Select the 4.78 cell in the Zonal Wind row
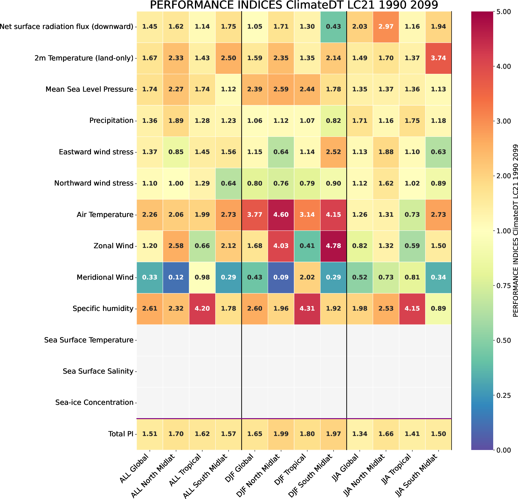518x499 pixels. (x=333, y=246)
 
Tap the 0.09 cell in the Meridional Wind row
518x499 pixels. (x=281, y=277)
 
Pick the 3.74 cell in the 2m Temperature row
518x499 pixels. (x=438, y=58)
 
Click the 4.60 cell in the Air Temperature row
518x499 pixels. (x=281, y=214)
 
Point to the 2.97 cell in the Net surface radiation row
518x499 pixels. (x=386, y=26)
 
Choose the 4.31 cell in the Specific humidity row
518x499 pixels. (x=307, y=308)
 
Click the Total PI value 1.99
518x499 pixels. (x=281, y=434)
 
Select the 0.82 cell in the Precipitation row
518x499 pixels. (x=333, y=121)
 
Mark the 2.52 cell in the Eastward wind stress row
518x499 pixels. (x=333, y=152)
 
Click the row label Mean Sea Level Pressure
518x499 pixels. (x=89, y=89)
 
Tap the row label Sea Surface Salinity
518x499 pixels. (x=98, y=371)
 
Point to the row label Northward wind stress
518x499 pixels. (x=93, y=183)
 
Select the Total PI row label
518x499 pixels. (x=121, y=434)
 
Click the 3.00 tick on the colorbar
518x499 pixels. (x=502, y=121)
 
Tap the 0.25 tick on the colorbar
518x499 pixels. (x=502, y=395)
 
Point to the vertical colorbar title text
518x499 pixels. (x=515, y=230)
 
